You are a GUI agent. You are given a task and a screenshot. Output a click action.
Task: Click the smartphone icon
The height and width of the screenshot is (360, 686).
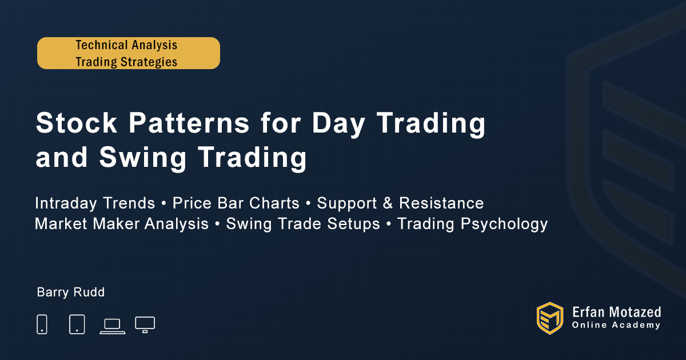coord(42,324)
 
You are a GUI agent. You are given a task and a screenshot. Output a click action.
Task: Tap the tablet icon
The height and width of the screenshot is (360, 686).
coord(77,324)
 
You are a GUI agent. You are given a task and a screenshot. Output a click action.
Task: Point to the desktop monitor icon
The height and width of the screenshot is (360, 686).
coord(145,325)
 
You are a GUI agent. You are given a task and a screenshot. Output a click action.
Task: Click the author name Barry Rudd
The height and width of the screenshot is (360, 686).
coord(71,293)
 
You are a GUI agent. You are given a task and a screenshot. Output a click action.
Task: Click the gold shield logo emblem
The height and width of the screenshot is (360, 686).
coord(550,318)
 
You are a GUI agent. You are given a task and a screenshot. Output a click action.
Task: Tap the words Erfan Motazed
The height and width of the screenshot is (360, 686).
coord(616,312)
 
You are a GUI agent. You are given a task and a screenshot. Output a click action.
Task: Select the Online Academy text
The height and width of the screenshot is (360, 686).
coord(616,325)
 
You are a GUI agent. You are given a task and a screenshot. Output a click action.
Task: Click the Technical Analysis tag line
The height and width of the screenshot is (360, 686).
coord(126,45)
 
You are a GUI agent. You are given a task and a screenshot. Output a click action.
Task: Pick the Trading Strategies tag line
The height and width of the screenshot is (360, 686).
coord(126,62)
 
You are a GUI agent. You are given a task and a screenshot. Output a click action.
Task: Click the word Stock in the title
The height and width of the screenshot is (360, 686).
coord(76,123)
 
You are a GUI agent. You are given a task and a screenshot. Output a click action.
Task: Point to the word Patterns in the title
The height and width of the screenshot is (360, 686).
coord(189,123)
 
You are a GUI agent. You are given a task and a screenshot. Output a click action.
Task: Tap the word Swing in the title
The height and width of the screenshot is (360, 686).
coord(142,158)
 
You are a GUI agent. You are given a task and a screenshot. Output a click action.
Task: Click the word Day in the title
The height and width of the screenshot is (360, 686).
coord(338,125)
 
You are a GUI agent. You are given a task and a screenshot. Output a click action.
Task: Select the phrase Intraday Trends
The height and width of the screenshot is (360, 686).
coord(95,203)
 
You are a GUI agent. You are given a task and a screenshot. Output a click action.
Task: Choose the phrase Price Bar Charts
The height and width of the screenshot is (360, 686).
coord(236,203)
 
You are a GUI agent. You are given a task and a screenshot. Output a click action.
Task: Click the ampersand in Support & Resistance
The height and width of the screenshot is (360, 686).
coord(388,203)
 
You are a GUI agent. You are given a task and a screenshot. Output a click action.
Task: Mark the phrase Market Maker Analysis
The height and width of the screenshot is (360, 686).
coord(122,224)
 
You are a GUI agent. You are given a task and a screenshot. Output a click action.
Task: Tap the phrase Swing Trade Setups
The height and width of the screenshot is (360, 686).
coord(303,224)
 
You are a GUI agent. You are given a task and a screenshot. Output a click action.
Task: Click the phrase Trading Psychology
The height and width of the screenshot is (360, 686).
coord(473,225)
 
